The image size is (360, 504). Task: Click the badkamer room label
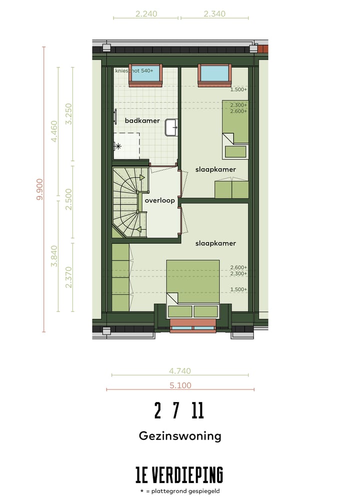(142, 120)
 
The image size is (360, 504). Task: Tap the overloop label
(159, 200)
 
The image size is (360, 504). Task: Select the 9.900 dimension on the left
(40, 189)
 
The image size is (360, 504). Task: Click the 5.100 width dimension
(180, 385)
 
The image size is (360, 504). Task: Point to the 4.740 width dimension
(180, 371)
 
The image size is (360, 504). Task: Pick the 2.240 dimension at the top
(146, 14)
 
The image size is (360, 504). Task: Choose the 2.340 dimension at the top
(214, 14)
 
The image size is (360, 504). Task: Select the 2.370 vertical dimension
(69, 277)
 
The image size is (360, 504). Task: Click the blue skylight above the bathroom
(145, 73)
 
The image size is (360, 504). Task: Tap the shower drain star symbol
(118, 146)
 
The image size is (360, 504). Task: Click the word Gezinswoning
(180, 436)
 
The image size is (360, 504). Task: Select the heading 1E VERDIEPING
(179, 474)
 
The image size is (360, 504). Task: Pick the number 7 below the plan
(176, 411)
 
